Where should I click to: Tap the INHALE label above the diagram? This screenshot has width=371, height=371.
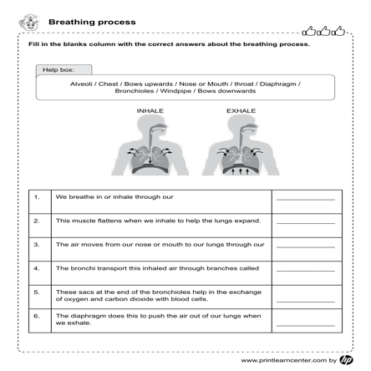click(x=150, y=110)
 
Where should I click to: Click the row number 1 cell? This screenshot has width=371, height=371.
click(x=38, y=198)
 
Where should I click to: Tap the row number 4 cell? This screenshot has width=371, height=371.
click(x=38, y=269)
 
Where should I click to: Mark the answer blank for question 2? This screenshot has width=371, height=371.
click(x=305, y=222)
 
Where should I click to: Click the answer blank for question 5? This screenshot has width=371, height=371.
click(x=305, y=297)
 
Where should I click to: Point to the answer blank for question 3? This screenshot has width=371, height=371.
click(x=305, y=246)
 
